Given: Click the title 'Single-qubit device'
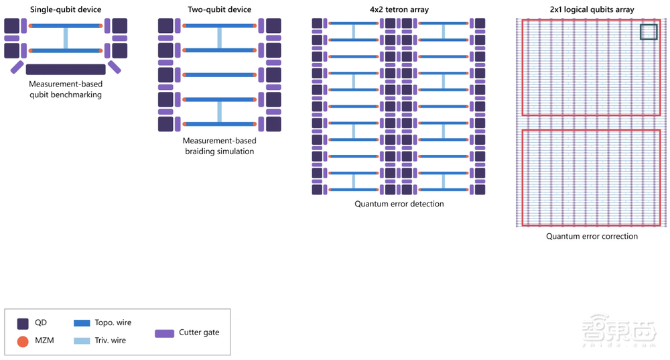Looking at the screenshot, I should coord(66,9).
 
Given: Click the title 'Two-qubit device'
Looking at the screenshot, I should coord(220,9).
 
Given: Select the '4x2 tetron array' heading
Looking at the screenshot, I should coord(399,9).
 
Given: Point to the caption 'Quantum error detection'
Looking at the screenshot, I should coord(399,204).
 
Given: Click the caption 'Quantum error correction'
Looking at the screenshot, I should coord(592,236).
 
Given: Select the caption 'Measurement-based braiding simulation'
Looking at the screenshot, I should coord(220,146).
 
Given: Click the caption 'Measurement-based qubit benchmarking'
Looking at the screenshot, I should coord(66,90).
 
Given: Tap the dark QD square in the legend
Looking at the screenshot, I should coord(23,322).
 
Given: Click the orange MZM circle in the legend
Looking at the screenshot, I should coord(23,341).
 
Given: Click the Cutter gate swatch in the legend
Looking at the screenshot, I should coord(164,333).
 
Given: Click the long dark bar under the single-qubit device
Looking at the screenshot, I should coord(66,69).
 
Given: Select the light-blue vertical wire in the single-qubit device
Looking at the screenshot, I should coord(66,38).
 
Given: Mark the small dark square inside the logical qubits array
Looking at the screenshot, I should coord(649,32).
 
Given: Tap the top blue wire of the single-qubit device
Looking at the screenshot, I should coord(66,25).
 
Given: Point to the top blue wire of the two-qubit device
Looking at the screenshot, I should coord(220,25).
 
